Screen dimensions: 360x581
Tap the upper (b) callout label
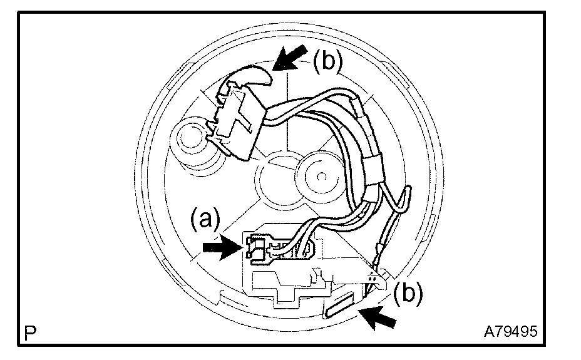pos(328,62)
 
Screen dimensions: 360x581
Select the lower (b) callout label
pos(408,294)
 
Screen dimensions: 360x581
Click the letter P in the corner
pos(29,331)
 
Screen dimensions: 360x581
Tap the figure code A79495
pos(510,331)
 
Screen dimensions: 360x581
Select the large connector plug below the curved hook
pos(235,119)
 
